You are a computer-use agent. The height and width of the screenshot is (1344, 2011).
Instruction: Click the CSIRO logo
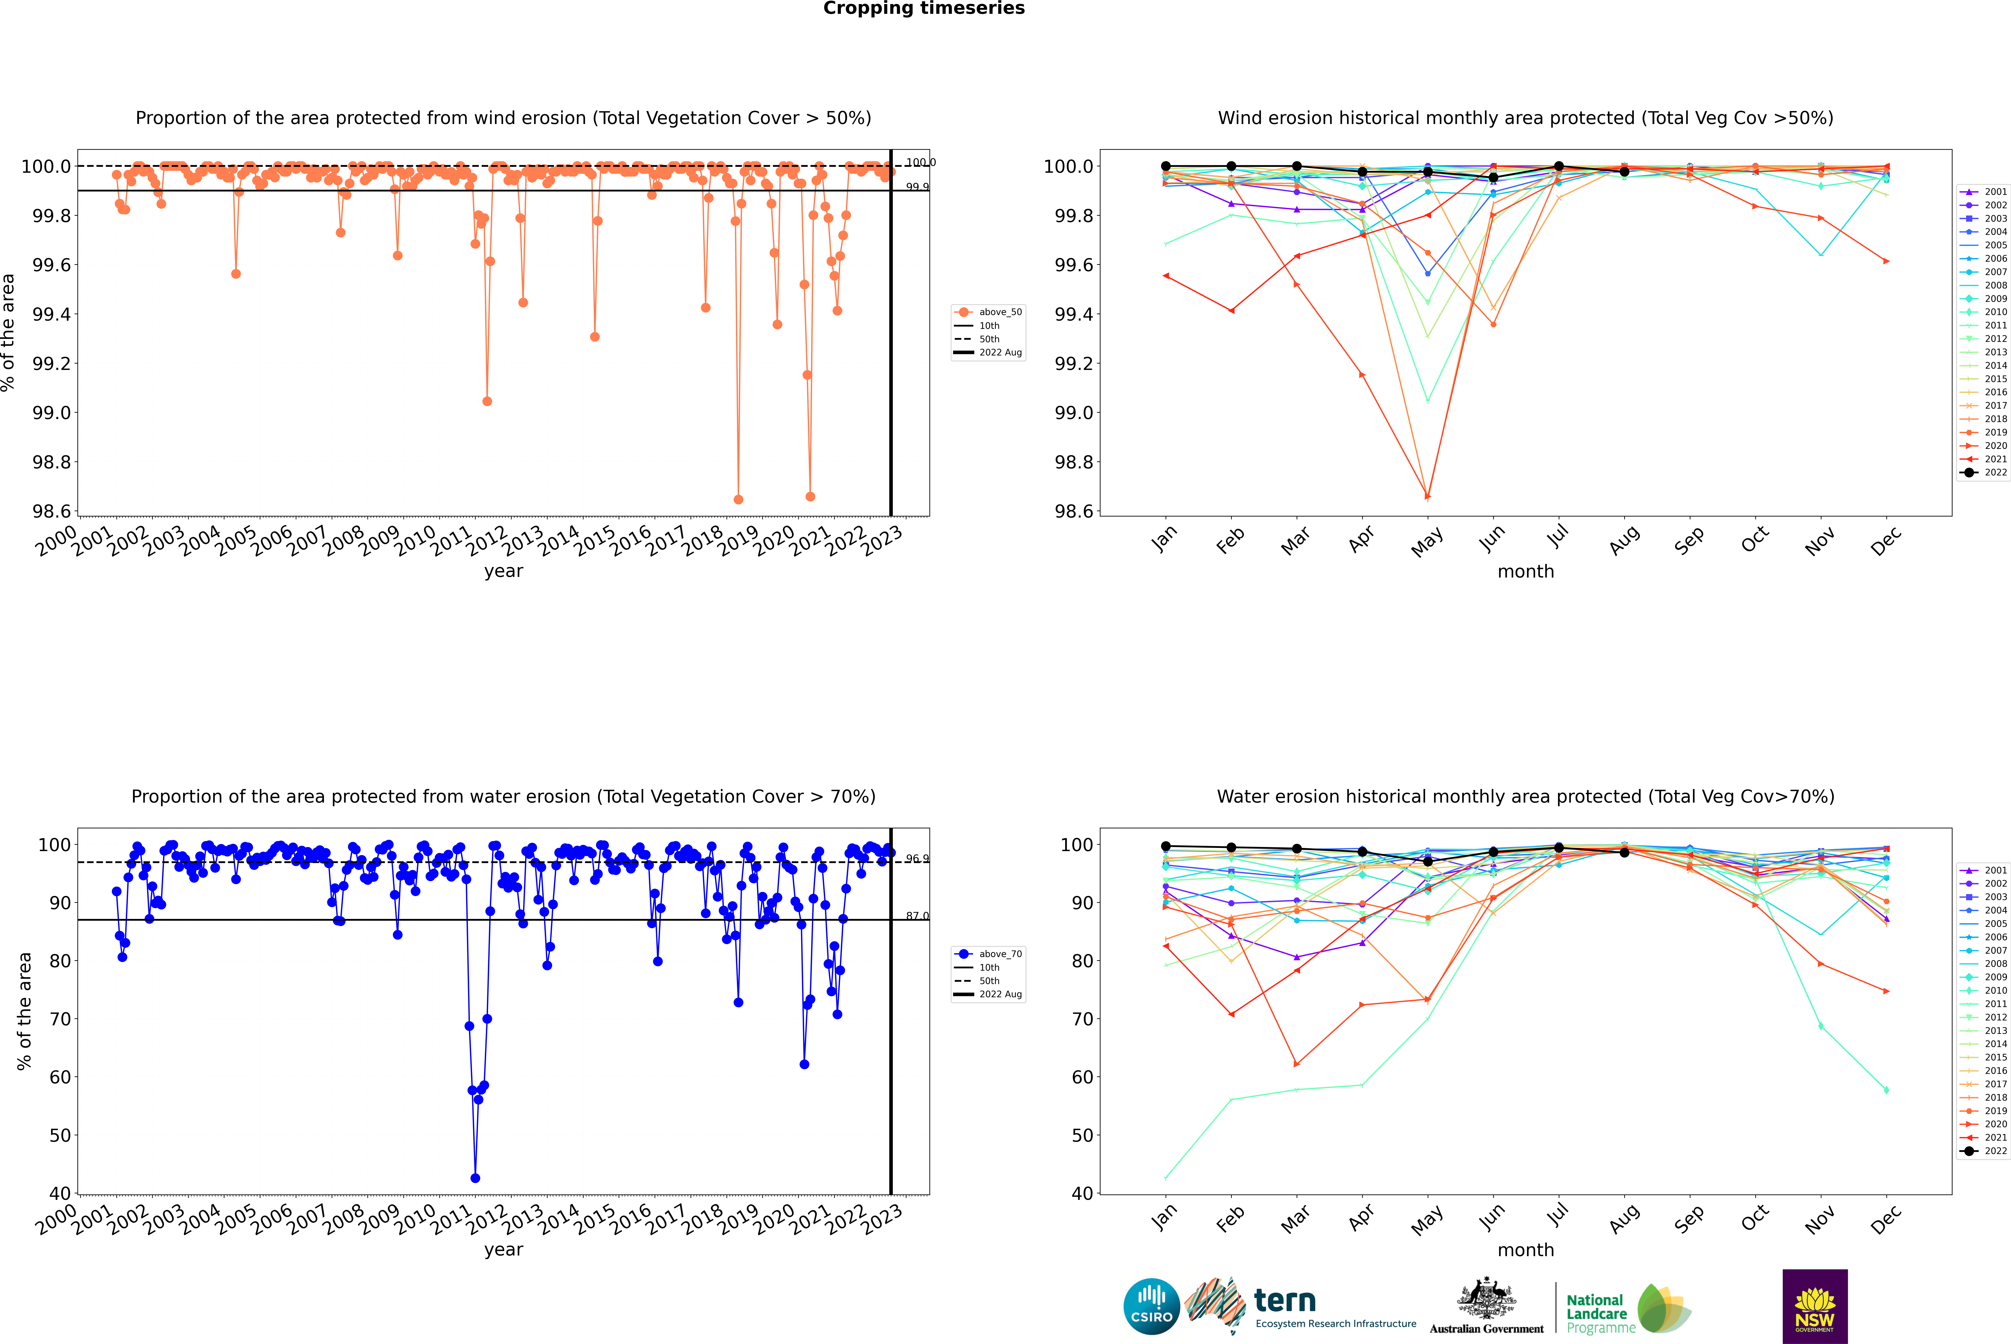click(x=1151, y=1306)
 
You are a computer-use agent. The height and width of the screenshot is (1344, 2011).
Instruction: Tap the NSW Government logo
click(x=1815, y=1306)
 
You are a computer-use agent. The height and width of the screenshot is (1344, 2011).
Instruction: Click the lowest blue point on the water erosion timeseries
click(x=475, y=1178)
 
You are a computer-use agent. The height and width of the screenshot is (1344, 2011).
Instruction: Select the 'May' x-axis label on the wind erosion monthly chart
click(x=1427, y=542)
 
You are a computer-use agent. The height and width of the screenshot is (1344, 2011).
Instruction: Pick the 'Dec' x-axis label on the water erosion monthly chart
click(x=1886, y=1220)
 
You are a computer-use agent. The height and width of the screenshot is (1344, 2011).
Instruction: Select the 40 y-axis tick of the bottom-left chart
click(x=60, y=1193)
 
